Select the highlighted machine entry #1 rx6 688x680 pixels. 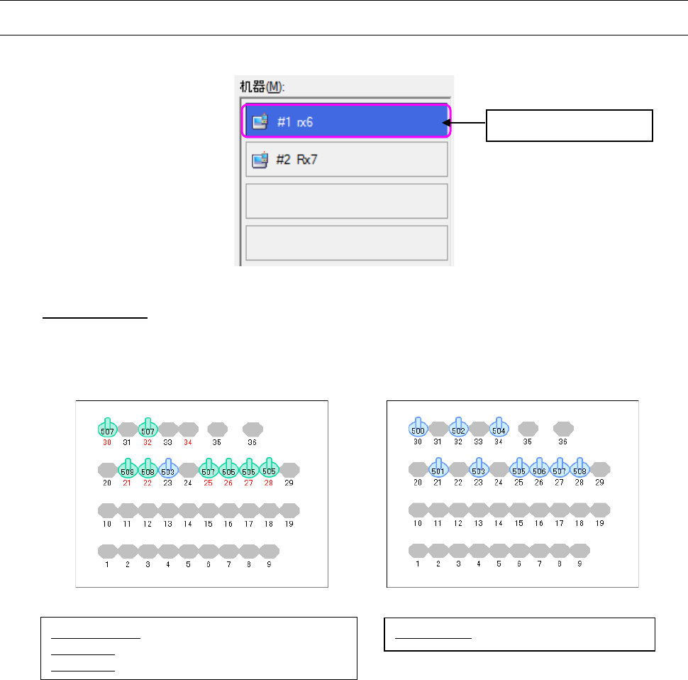pos(345,122)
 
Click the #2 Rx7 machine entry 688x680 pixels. pos(345,159)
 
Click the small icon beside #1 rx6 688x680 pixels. pos(260,122)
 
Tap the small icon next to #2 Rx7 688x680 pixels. pos(260,160)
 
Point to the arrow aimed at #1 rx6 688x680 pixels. pos(467,125)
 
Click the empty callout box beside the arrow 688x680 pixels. pos(570,126)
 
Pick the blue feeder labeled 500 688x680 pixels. pos(418,429)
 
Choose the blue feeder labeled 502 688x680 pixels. pos(458,429)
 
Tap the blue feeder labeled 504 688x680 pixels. pos(499,429)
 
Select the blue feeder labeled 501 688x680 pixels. pos(438,470)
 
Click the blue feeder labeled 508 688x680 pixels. pos(579,470)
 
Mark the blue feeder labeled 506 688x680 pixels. pos(539,470)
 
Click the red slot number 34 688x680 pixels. pos(188,442)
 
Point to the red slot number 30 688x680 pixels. pos(107,442)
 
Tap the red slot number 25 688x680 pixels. pos(209,483)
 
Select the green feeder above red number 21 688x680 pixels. pos(128,470)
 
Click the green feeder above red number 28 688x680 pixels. pos(269,470)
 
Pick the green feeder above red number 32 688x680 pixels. pos(148,429)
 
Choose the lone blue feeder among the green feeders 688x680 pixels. pos(168,470)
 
